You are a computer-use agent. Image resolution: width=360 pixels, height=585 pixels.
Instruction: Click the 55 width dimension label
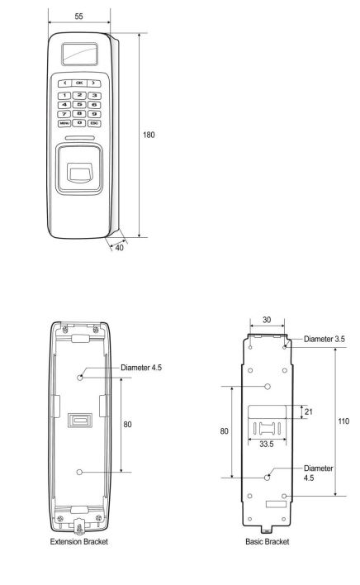click(78, 17)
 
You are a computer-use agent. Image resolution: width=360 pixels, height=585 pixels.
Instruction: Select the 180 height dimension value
click(149, 135)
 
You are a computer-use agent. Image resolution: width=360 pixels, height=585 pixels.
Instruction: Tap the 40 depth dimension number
click(119, 247)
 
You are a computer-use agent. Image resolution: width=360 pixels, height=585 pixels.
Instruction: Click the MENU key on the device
click(64, 123)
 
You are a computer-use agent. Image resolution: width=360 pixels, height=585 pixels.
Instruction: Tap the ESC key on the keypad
click(94, 123)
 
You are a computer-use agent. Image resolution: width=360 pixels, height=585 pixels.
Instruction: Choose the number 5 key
click(79, 104)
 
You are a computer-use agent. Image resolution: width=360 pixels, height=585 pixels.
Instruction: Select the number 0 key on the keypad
click(79, 123)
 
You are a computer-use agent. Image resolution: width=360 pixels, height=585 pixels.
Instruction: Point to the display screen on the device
click(79, 54)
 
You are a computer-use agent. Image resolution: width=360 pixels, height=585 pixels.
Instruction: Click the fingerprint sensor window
click(79, 174)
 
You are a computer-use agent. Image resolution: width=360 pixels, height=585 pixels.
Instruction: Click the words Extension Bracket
click(79, 541)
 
